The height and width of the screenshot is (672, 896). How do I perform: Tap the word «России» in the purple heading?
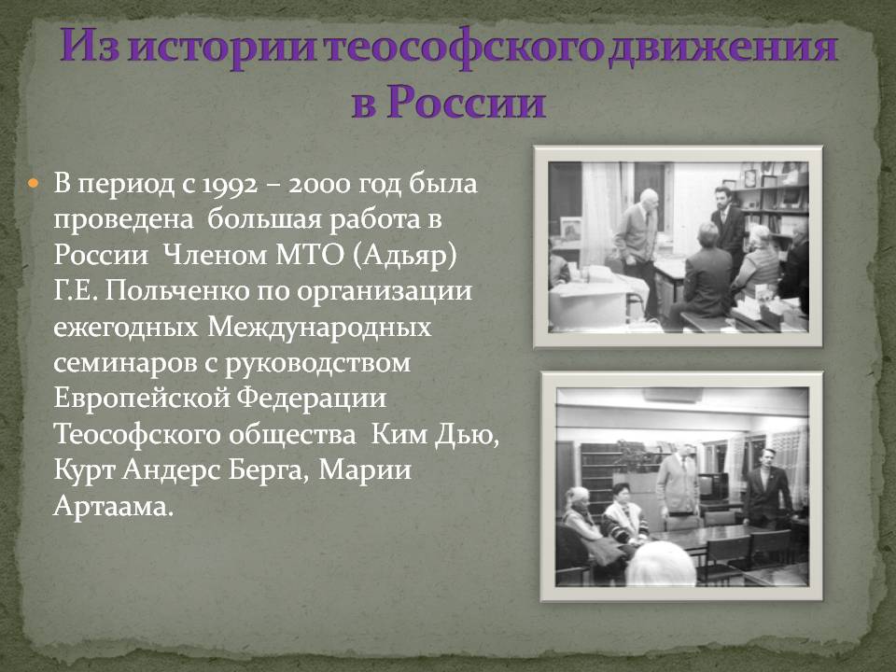point(466,102)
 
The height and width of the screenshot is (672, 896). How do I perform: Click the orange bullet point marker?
point(34,184)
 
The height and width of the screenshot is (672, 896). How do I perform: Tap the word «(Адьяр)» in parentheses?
point(404,256)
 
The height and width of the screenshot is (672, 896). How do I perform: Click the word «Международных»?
point(319,328)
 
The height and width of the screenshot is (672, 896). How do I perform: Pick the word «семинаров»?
point(125,363)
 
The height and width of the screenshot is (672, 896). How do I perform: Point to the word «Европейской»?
point(141,399)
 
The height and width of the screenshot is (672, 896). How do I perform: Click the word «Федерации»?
point(312,399)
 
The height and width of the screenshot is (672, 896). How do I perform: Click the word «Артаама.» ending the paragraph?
point(113,506)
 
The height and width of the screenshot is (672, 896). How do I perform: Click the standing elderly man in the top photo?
point(637,245)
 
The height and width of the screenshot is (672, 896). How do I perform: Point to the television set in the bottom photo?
point(714,485)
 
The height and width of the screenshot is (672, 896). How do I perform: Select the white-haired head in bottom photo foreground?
point(661,564)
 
